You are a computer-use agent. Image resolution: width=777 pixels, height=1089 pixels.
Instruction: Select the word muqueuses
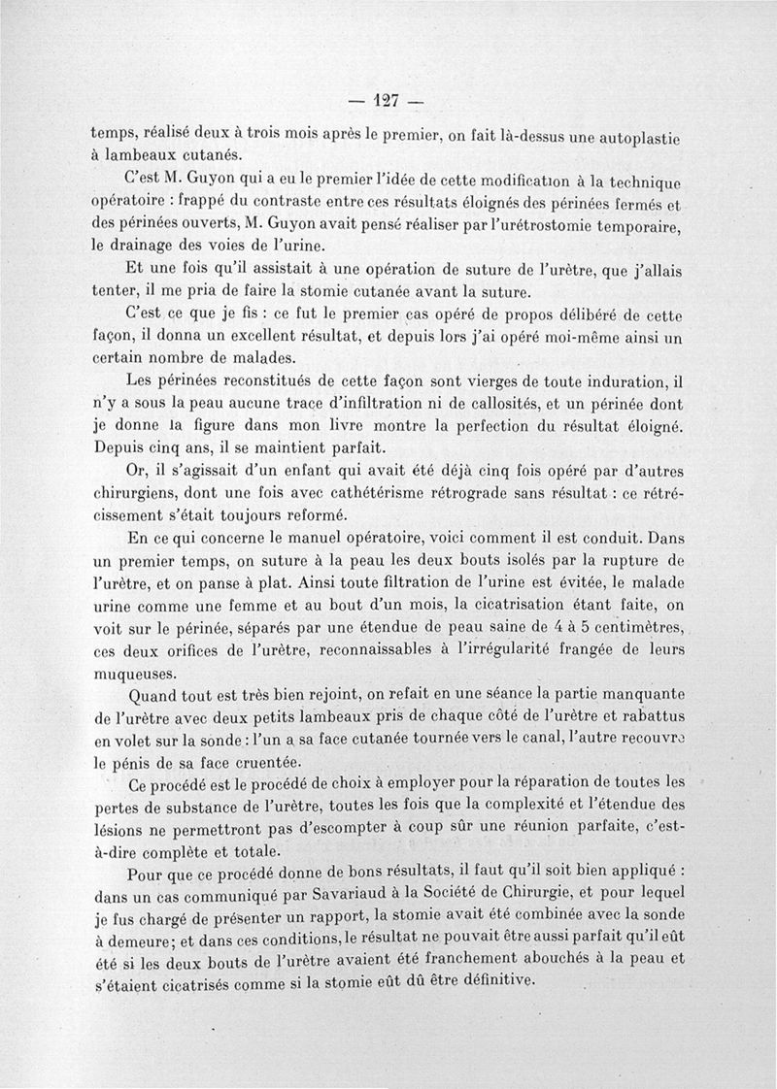click(x=136, y=673)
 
